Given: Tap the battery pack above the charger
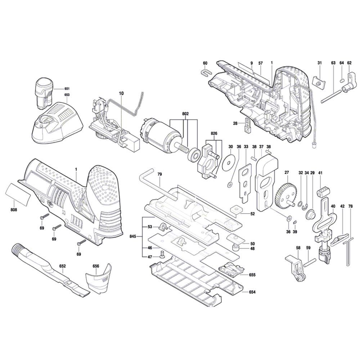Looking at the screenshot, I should tap(43, 92).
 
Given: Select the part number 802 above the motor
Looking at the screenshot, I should tap(185, 113).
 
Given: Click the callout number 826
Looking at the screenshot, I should tap(214, 133).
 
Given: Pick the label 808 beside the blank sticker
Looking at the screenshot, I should tap(13, 210).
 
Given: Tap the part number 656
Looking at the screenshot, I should tap(95, 266).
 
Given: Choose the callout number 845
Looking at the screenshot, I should tap(133, 237).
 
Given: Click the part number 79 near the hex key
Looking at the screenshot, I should tap(159, 174).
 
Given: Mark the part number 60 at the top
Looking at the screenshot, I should tap(205, 63).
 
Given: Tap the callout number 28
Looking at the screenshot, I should tap(235, 123).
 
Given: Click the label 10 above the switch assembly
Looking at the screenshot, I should tap(121, 93).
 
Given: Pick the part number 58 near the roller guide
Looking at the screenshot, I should tap(298, 248).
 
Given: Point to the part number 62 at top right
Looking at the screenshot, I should tap(349, 63).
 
